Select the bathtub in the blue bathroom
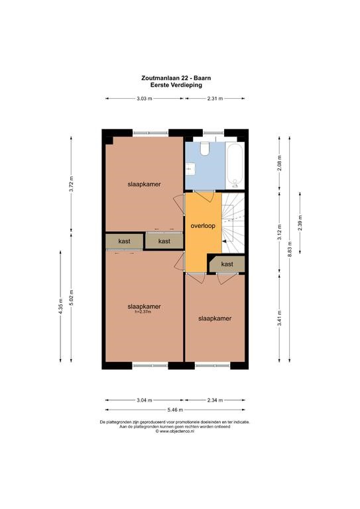tap(235, 166)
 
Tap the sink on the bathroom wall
tap(190, 169)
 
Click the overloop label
tap(203, 225)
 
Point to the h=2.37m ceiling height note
tap(143, 311)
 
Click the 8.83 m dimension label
tap(290, 249)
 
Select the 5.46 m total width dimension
tap(175, 410)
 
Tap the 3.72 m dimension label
tap(72, 184)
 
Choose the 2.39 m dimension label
tap(300, 223)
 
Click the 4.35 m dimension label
tap(60, 306)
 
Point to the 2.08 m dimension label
tap(280, 163)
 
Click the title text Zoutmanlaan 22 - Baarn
tap(176, 78)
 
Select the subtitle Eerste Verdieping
tap(176, 85)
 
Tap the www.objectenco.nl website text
tap(177, 431)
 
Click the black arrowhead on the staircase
tap(224, 241)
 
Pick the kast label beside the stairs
tap(227, 264)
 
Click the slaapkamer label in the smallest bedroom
tap(215, 318)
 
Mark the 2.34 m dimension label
tap(215, 400)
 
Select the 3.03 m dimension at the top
tap(145, 99)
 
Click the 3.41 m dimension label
tap(280, 319)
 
